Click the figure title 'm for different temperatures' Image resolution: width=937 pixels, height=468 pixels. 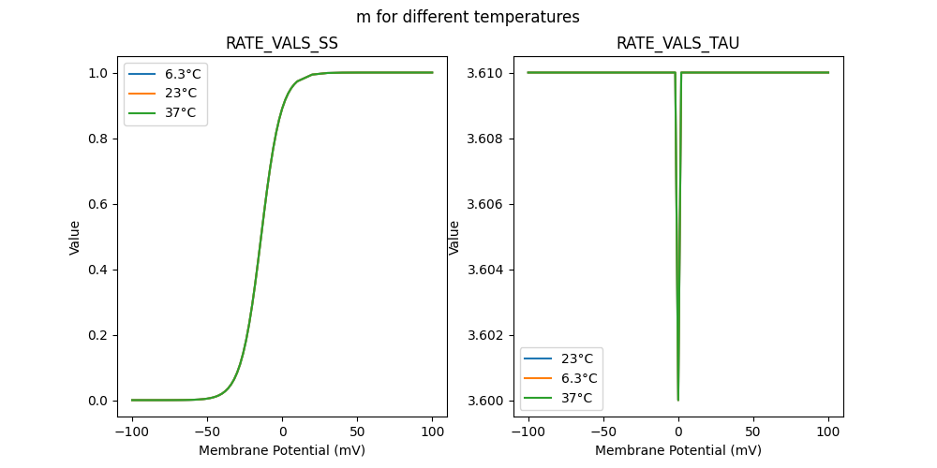468,17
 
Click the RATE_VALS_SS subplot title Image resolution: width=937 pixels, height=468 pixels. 282,43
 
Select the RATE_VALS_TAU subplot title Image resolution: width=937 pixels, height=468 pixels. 677,43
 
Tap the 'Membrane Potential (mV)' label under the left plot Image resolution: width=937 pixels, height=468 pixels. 282,450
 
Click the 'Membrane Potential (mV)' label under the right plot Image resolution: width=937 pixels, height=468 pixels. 678,450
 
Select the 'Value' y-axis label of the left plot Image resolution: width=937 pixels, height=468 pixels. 75,238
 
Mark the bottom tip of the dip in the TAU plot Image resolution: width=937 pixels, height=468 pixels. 678,400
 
